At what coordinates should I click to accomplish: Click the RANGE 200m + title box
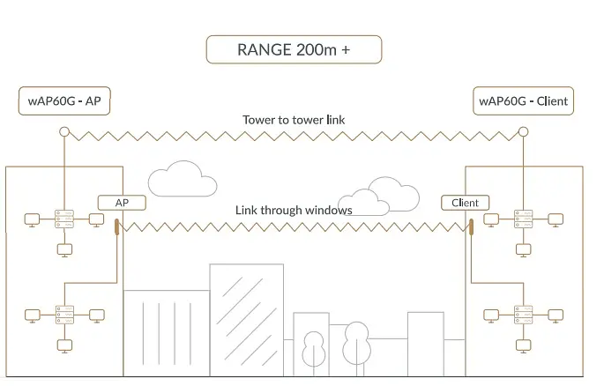pos(294,49)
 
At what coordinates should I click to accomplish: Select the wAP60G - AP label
pos(64,100)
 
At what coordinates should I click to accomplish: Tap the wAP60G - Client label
pos(523,100)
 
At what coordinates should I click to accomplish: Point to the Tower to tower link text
pos(294,120)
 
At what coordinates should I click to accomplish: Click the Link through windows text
pos(294,210)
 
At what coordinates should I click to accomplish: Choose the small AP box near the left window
pos(122,203)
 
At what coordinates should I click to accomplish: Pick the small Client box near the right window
pos(465,203)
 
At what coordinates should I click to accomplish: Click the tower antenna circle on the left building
pos(64,132)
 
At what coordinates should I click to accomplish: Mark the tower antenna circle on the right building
pos(523,132)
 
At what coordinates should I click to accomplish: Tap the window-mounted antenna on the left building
pos(116,227)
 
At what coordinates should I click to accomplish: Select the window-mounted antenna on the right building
pos(471,227)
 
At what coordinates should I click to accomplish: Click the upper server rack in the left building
pos(64,219)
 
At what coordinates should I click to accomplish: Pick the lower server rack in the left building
pos(64,315)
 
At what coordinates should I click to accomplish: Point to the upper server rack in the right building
pos(523,219)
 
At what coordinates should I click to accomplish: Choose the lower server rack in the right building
pos(523,315)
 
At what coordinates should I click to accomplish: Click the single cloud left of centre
pos(183,179)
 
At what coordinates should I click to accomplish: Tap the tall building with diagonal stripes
pos(247,320)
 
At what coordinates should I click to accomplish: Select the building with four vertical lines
pos(167,333)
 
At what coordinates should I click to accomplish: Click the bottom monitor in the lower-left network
pos(64,346)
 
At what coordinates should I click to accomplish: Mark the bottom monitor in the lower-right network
pos(523,346)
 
